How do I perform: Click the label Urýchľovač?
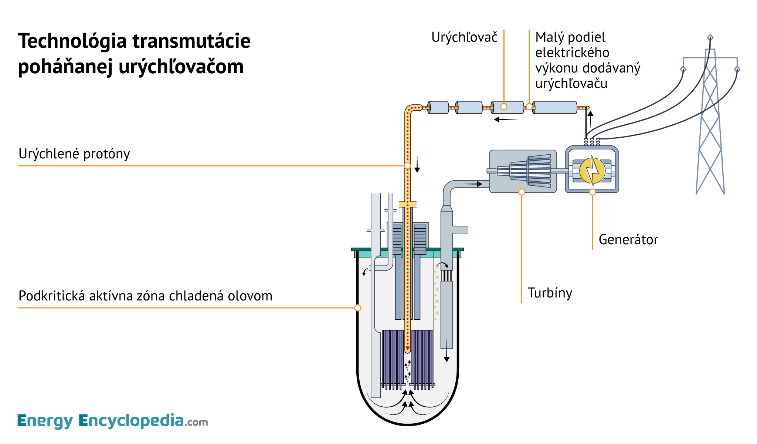464,37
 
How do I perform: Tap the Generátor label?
628,240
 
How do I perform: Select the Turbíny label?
550,293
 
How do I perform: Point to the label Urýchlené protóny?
74,154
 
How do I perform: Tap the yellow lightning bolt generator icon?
592,171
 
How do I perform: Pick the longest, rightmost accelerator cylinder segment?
554,108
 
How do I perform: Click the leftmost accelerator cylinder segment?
438,108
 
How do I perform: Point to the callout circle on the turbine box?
522,192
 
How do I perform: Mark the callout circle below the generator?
593,192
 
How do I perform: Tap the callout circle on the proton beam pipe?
407,166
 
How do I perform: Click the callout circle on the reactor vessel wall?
358,308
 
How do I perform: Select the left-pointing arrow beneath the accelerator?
505,120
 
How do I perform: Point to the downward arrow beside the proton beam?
417,161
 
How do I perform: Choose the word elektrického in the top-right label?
572,53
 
